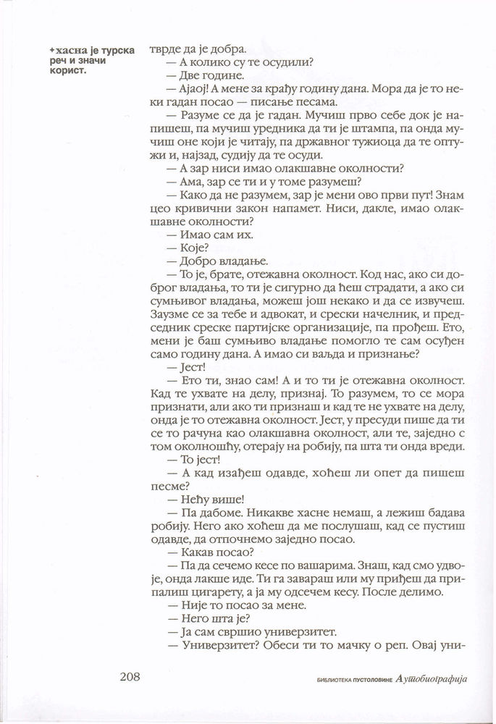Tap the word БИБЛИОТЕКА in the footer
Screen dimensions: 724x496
click(x=329, y=680)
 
